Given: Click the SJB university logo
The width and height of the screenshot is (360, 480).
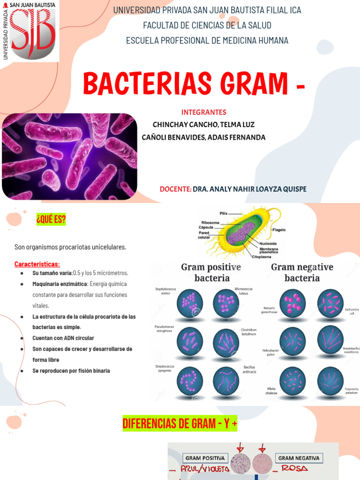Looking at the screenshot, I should tap(30, 30).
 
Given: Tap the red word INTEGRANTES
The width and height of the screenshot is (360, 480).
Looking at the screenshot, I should tap(203, 112).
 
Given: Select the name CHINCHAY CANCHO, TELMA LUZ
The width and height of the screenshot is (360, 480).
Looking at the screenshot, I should tap(203, 125).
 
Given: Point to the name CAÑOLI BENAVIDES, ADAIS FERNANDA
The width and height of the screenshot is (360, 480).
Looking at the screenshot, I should tap(203, 137).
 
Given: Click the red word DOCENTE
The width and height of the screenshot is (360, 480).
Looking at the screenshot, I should tap(175, 189).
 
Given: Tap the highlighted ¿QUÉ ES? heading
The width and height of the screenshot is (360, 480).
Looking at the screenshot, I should tap(51, 219).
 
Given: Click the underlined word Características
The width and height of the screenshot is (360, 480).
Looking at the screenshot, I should tap(37, 264).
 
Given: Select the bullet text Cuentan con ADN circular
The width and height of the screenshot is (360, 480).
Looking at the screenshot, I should tap(63, 338).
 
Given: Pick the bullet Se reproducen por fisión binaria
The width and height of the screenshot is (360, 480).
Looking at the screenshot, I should tap(71, 371).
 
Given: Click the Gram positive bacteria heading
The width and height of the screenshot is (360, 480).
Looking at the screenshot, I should tap(211, 272).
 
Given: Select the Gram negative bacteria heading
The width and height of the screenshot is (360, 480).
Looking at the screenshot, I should tap(302, 272).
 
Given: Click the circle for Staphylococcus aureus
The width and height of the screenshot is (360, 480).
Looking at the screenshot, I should tap(190, 303).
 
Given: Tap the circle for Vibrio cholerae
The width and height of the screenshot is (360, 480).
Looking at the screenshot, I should tap(292, 380).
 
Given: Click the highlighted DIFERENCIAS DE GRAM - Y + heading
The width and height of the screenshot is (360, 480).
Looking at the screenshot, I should tap(180, 424).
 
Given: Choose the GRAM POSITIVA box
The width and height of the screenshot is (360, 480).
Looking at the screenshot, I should tap(205, 458).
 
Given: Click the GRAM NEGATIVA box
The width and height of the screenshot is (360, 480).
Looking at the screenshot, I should tap(299, 458).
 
